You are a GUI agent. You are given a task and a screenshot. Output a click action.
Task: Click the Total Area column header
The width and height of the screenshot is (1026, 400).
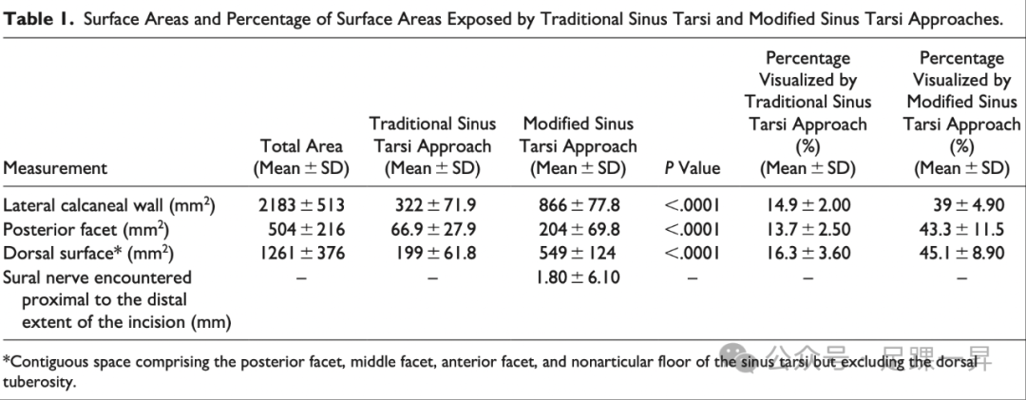click(x=301, y=158)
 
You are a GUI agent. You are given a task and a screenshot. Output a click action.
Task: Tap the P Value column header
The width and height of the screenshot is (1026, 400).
click(x=693, y=168)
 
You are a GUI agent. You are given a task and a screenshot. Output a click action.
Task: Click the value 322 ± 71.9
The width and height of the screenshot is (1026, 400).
click(x=436, y=204)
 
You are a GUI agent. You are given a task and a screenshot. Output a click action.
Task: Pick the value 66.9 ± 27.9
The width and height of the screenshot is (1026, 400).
click(x=434, y=229)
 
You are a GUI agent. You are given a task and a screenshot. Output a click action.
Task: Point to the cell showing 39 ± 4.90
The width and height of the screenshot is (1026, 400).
click(x=963, y=204)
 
